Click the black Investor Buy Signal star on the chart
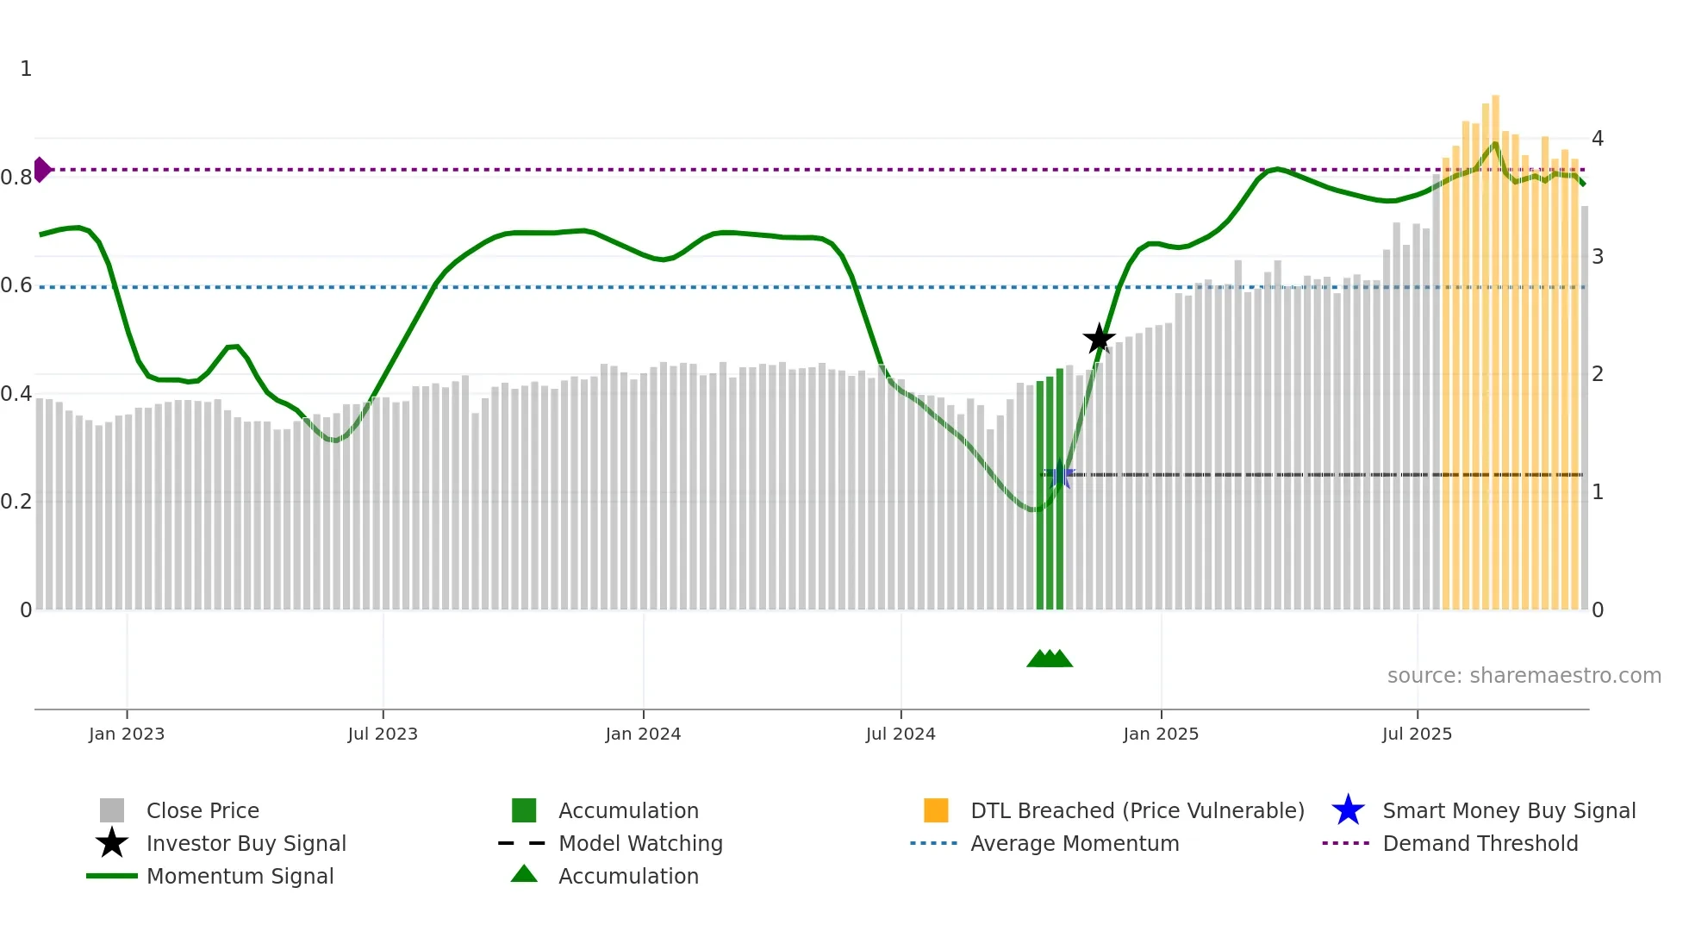pyautogui.click(x=1099, y=339)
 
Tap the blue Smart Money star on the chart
pyautogui.click(x=1060, y=475)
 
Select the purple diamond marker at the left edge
pyautogui.click(x=41, y=170)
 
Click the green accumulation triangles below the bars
pyautogui.click(x=1050, y=659)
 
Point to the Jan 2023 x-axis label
pyautogui.click(x=127, y=734)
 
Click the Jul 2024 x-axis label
pyautogui.click(x=901, y=734)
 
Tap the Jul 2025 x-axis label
pyautogui.click(x=1417, y=734)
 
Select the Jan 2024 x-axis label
pyautogui.click(x=643, y=734)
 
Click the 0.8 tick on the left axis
pyautogui.click(x=16, y=178)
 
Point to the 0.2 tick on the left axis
pyautogui.click(x=16, y=501)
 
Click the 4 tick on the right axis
pyautogui.click(x=1598, y=139)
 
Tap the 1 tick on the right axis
pyautogui.click(x=1598, y=492)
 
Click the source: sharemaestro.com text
pyautogui.click(x=1524, y=676)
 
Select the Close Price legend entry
pyautogui.click(x=203, y=810)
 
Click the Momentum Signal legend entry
pyautogui.click(x=240, y=876)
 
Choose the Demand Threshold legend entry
pyautogui.click(x=1480, y=843)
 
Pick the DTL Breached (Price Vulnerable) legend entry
pyautogui.click(x=1137, y=810)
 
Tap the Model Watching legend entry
pyautogui.click(x=640, y=843)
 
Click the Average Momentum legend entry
pyautogui.click(x=1075, y=843)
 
